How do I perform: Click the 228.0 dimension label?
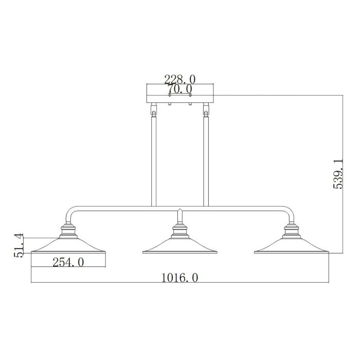[x=179, y=79]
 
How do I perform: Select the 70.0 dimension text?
[x=179, y=88]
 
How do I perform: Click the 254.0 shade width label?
[x=68, y=262]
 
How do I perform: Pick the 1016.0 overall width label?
[x=179, y=278]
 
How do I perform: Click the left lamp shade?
[x=68, y=245]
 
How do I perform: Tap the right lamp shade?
[x=291, y=245]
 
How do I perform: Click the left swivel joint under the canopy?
[x=153, y=110]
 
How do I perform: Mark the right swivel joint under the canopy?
[x=207, y=110]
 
